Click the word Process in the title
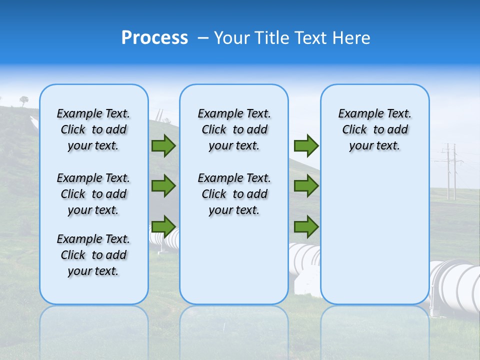(x=154, y=37)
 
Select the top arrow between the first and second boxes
(x=163, y=145)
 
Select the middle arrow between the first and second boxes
(x=163, y=186)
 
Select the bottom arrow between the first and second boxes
(x=163, y=226)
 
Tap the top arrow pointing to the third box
(x=306, y=145)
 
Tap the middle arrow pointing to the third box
(x=306, y=186)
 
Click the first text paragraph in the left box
(x=93, y=129)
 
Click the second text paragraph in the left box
(x=93, y=194)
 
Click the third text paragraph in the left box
(x=93, y=255)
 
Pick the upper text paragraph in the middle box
(x=234, y=129)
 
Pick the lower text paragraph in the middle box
(x=234, y=194)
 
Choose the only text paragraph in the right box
(x=374, y=129)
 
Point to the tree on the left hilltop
(x=24, y=100)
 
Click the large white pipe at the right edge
(x=457, y=285)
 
